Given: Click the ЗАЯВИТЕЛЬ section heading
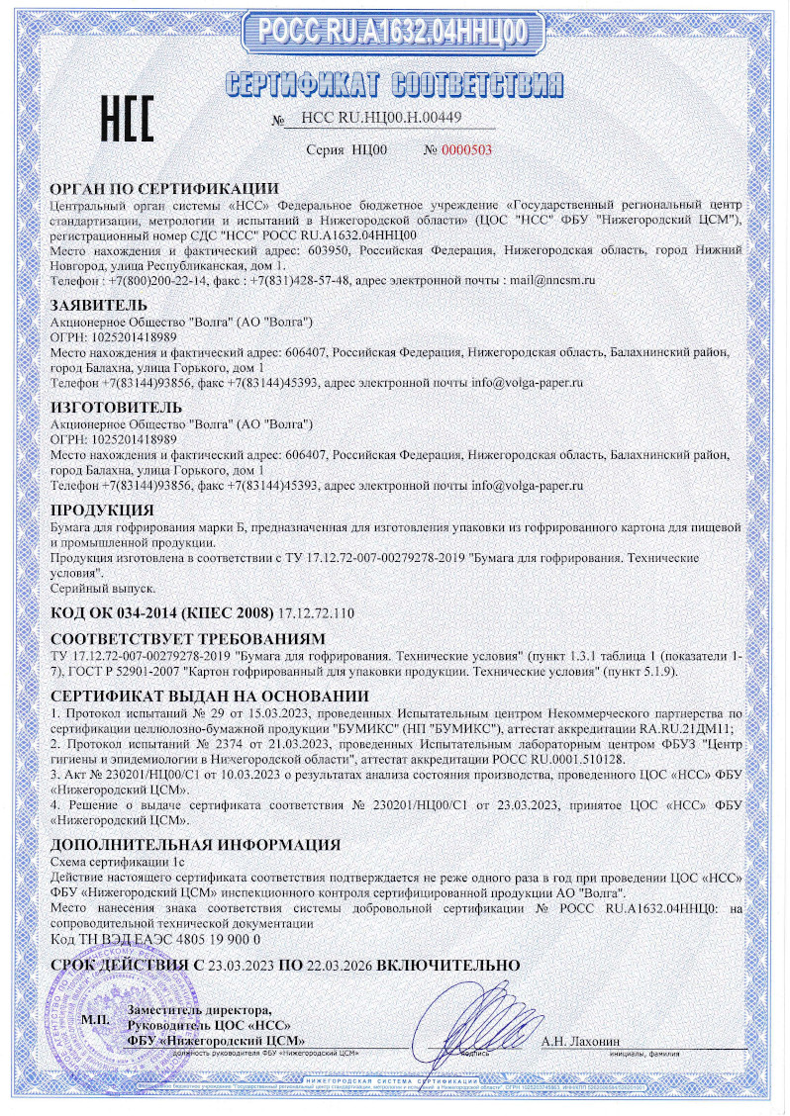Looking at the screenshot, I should [99, 304].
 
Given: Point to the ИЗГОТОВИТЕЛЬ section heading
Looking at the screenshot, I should [116, 407].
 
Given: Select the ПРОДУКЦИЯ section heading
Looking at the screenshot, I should [102, 510].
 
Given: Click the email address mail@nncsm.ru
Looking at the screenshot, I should [551, 281].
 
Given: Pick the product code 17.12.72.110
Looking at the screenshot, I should [319, 612].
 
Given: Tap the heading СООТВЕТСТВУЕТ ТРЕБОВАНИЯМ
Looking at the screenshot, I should [187, 638].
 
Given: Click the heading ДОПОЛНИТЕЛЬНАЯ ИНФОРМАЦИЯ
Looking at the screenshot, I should [195, 845].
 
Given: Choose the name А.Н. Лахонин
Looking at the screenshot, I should [580, 1042].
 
